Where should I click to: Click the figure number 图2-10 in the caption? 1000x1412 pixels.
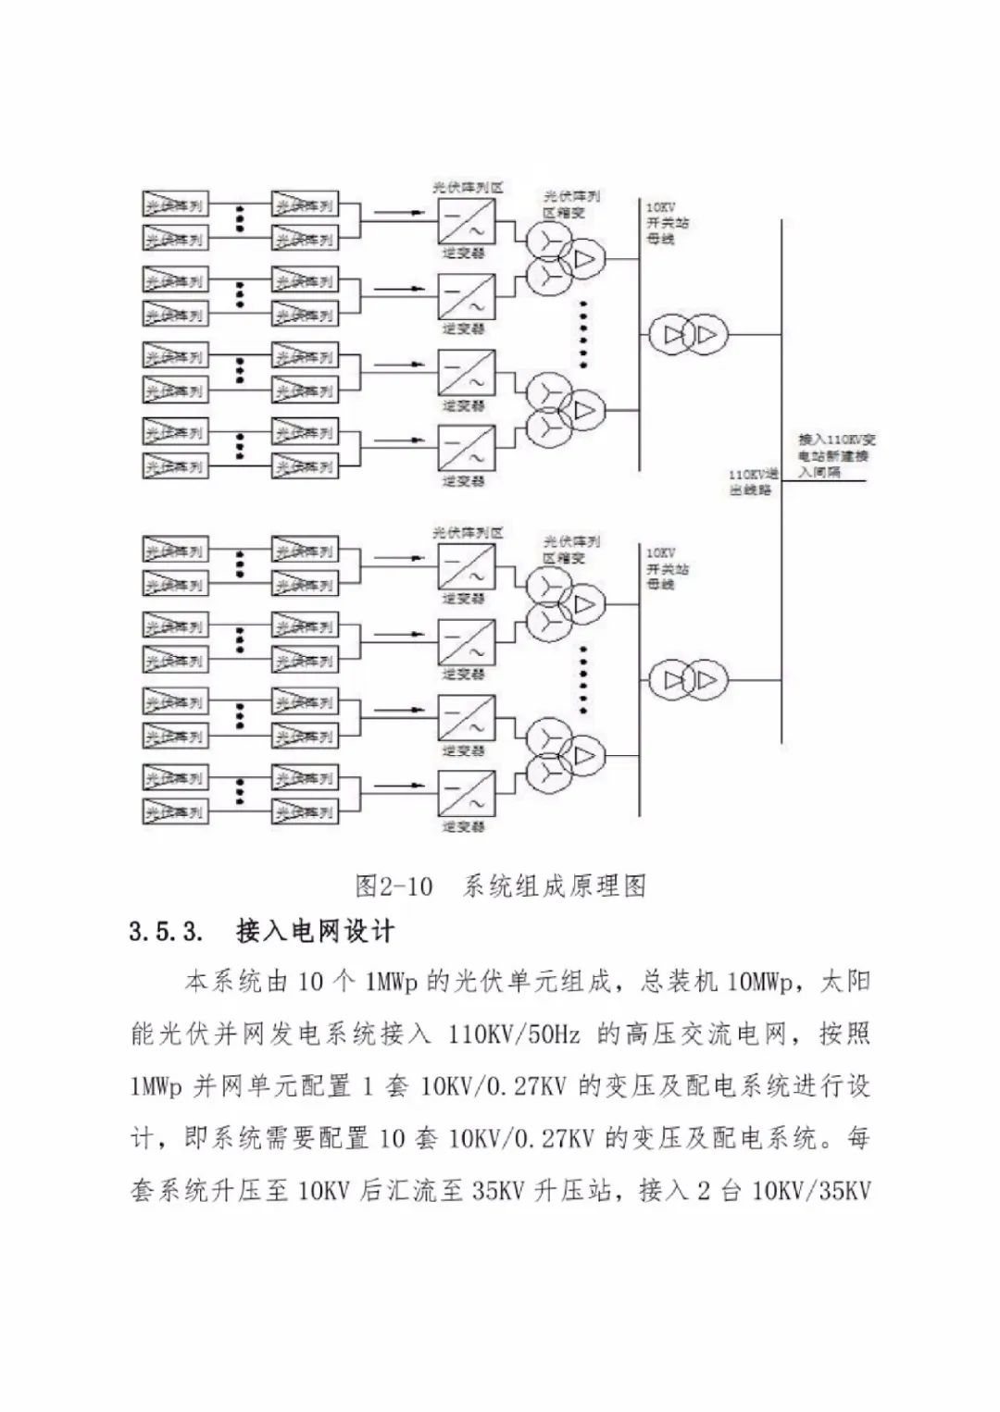coord(394,886)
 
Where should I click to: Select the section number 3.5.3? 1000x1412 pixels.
coord(166,931)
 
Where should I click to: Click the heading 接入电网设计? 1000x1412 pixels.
coord(315,931)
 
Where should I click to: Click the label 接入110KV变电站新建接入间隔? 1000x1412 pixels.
coord(836,455)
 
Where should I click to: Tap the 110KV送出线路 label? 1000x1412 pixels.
coord(752,481)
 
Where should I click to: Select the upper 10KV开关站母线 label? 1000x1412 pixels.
coord(667,223)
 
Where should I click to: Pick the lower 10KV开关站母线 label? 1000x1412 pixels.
coord(667,568)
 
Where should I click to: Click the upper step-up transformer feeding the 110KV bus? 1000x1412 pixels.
coord(686,334)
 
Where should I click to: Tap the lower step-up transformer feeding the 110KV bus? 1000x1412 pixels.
coord(686,681)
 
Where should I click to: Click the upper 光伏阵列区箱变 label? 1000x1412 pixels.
coord(570,204)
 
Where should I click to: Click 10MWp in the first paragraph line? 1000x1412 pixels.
coord(761,982)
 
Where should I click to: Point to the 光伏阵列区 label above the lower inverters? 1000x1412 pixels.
coord(469,533)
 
